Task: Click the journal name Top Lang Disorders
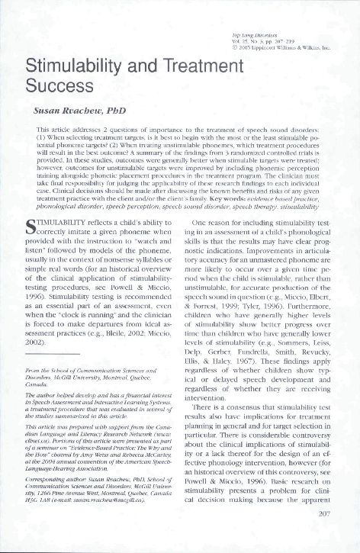pyautogui.click(x=254, y=36)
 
